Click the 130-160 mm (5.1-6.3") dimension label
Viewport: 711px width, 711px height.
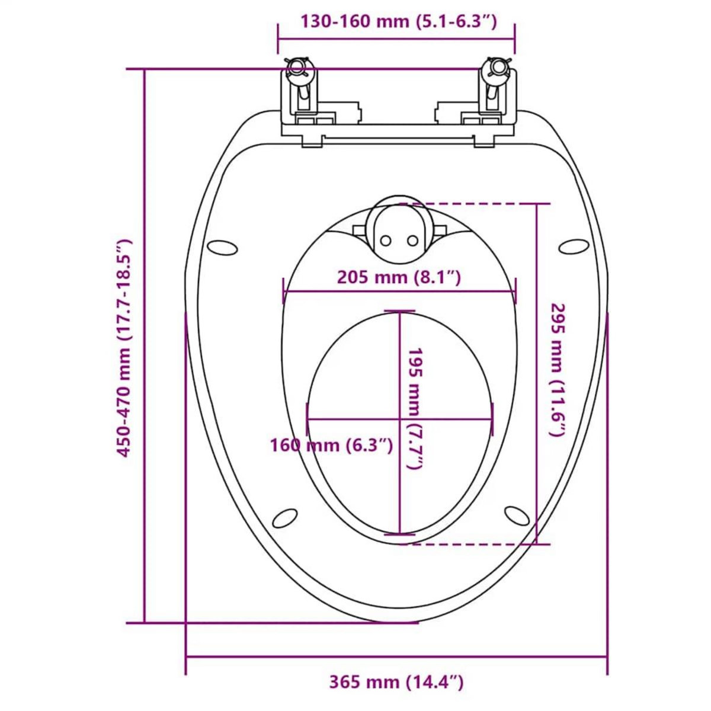click(396, 22)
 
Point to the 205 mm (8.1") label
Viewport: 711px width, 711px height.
click(399, 277)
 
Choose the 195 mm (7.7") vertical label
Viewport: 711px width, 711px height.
click(413, 409)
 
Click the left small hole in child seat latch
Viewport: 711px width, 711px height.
click(386, 240)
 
